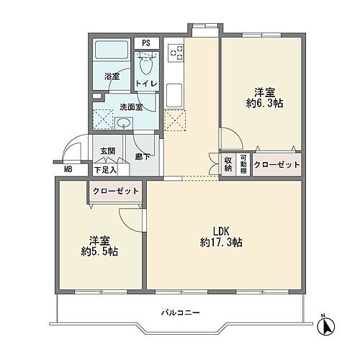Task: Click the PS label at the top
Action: pyautogui.click(x=146, y=43)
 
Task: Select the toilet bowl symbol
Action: pyautogui.click(x=147, y=67)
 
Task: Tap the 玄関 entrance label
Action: pyautogui.click(x=107, y=149)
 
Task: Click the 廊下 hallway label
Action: pyautogui.click(x=142, y=156)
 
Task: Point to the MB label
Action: pyautogui.click(x=68, y=170)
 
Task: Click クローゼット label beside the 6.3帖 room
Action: pyautogui.click(x=276, y=165)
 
